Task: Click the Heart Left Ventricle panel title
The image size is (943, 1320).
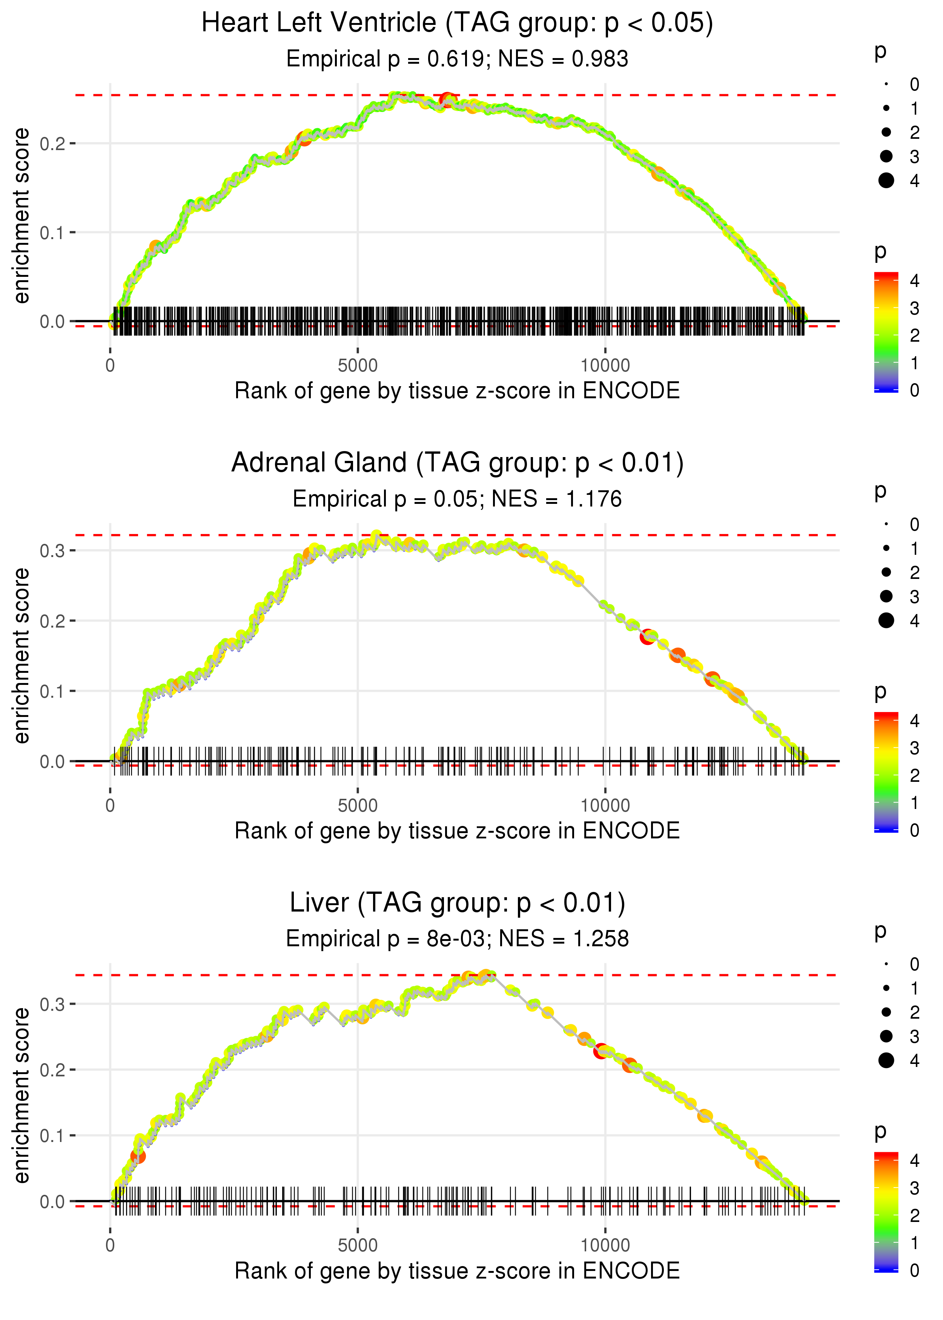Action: click(457, 23)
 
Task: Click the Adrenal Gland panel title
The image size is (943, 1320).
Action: click(457, 463)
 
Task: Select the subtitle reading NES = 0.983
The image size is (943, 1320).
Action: click(457, 59)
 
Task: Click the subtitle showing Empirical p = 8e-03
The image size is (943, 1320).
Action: click(457, 939)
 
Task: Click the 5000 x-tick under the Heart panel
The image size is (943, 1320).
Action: click(358, 366)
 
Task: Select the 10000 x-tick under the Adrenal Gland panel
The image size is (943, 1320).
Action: click(605, 806)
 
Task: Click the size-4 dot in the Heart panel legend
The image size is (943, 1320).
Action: click(886, 181)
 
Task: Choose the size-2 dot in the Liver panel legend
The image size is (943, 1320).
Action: click(886, 1012)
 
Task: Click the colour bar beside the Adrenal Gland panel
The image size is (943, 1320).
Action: click(886, 772)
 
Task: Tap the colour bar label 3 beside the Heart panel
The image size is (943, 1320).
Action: click(915, 308)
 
